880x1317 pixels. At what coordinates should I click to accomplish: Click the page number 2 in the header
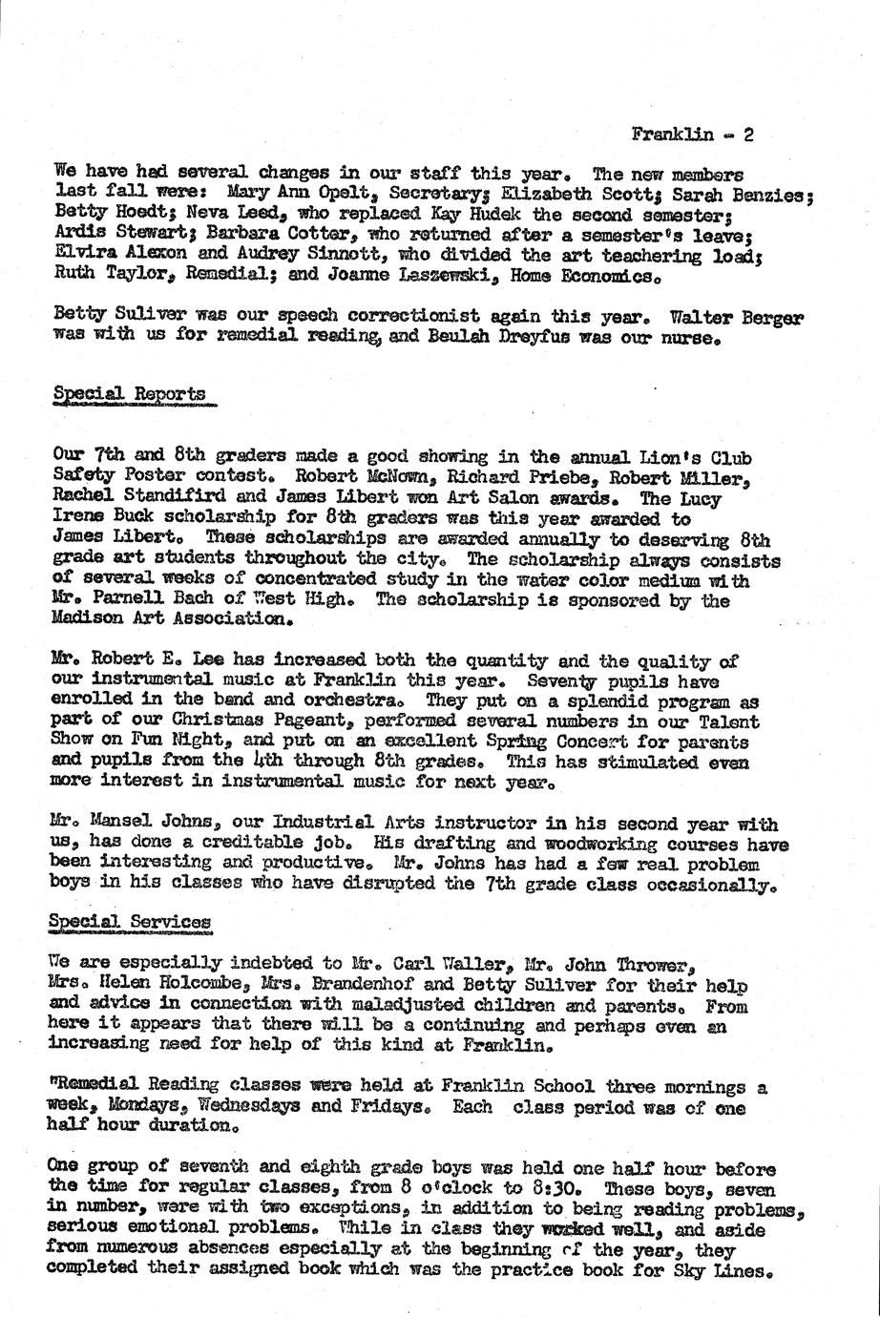click(x=749, y=135)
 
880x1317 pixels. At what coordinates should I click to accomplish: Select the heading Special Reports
click(x=129, y=393)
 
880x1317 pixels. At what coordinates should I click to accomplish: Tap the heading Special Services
click(x=132, y=922)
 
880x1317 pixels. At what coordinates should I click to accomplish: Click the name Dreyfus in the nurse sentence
click(x=540, y=339)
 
